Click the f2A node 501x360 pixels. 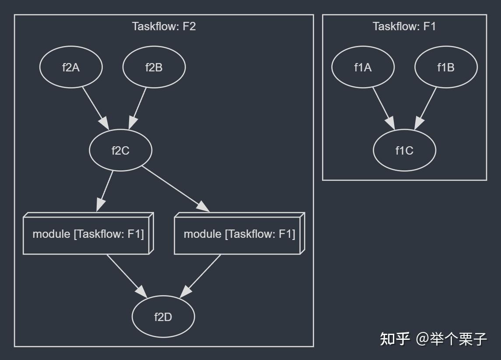[71, 67]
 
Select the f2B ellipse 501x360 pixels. [154, 67]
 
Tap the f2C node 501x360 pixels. [120, 151]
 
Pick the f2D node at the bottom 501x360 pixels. [163, 317]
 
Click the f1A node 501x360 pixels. [363, 67]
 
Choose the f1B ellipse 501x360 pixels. [446, 67]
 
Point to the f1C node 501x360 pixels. [404, 151]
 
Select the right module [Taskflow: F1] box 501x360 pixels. [239, 234]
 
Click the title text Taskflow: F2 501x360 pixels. [164, 26]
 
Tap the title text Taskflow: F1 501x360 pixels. [404, 26]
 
